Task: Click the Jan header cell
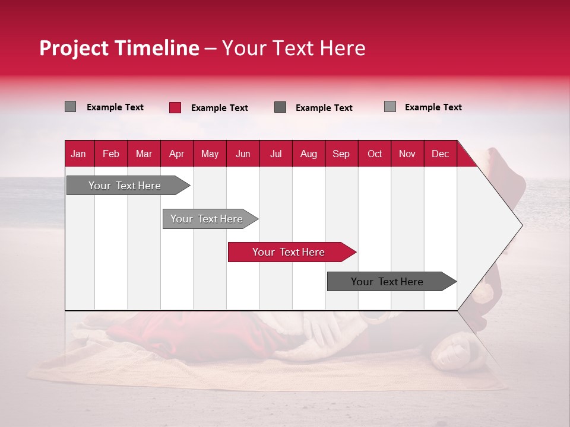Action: point(79,154)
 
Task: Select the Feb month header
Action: point(111,154)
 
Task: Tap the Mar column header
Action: point(144,154)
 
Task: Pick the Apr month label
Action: point(177,154)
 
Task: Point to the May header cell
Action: point(210,154)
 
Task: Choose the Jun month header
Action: point(243,154)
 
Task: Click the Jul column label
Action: point(275,154)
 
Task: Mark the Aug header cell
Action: point(309,154)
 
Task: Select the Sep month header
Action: point(341,154)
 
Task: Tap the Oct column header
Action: point(375,154)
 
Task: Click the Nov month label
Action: point(407,154)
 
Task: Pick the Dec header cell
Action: point(441,154)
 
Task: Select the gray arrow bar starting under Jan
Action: point(125,186)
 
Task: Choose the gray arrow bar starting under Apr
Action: point(207,219)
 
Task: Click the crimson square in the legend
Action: point(175,107)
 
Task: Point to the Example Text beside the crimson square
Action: point(220,108)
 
